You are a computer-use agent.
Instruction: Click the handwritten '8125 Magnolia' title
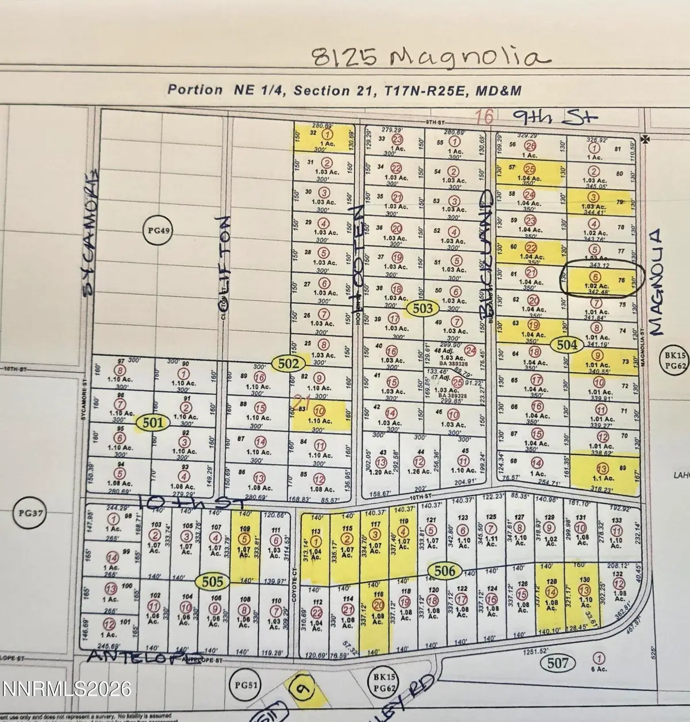click(428, 58)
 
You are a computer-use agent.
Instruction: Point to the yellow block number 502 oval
click(289, 364)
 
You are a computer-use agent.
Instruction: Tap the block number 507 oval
click(558, 663)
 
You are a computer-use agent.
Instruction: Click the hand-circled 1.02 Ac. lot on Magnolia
click(600, 279)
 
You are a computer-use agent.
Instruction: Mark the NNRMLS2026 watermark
click(66, 687)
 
